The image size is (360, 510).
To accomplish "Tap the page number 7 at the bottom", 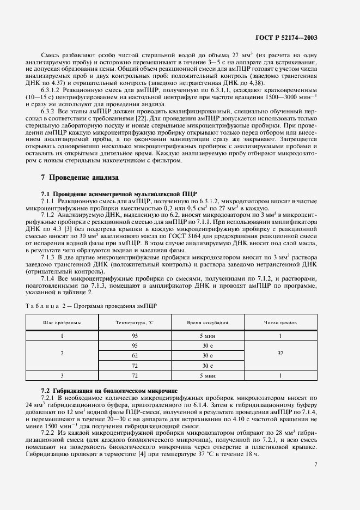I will click(316, 464).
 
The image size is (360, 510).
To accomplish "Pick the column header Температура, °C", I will click(135, 323).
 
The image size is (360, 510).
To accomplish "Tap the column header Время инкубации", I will click(208, 323).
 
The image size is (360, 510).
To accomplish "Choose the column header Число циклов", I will click(280, 323).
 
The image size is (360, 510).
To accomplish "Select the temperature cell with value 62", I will click(135, 356).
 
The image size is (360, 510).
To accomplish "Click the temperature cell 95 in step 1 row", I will click(135, 336).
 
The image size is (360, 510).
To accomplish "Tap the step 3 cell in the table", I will click(62, 375).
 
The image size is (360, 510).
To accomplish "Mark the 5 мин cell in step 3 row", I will click(208, 375).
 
